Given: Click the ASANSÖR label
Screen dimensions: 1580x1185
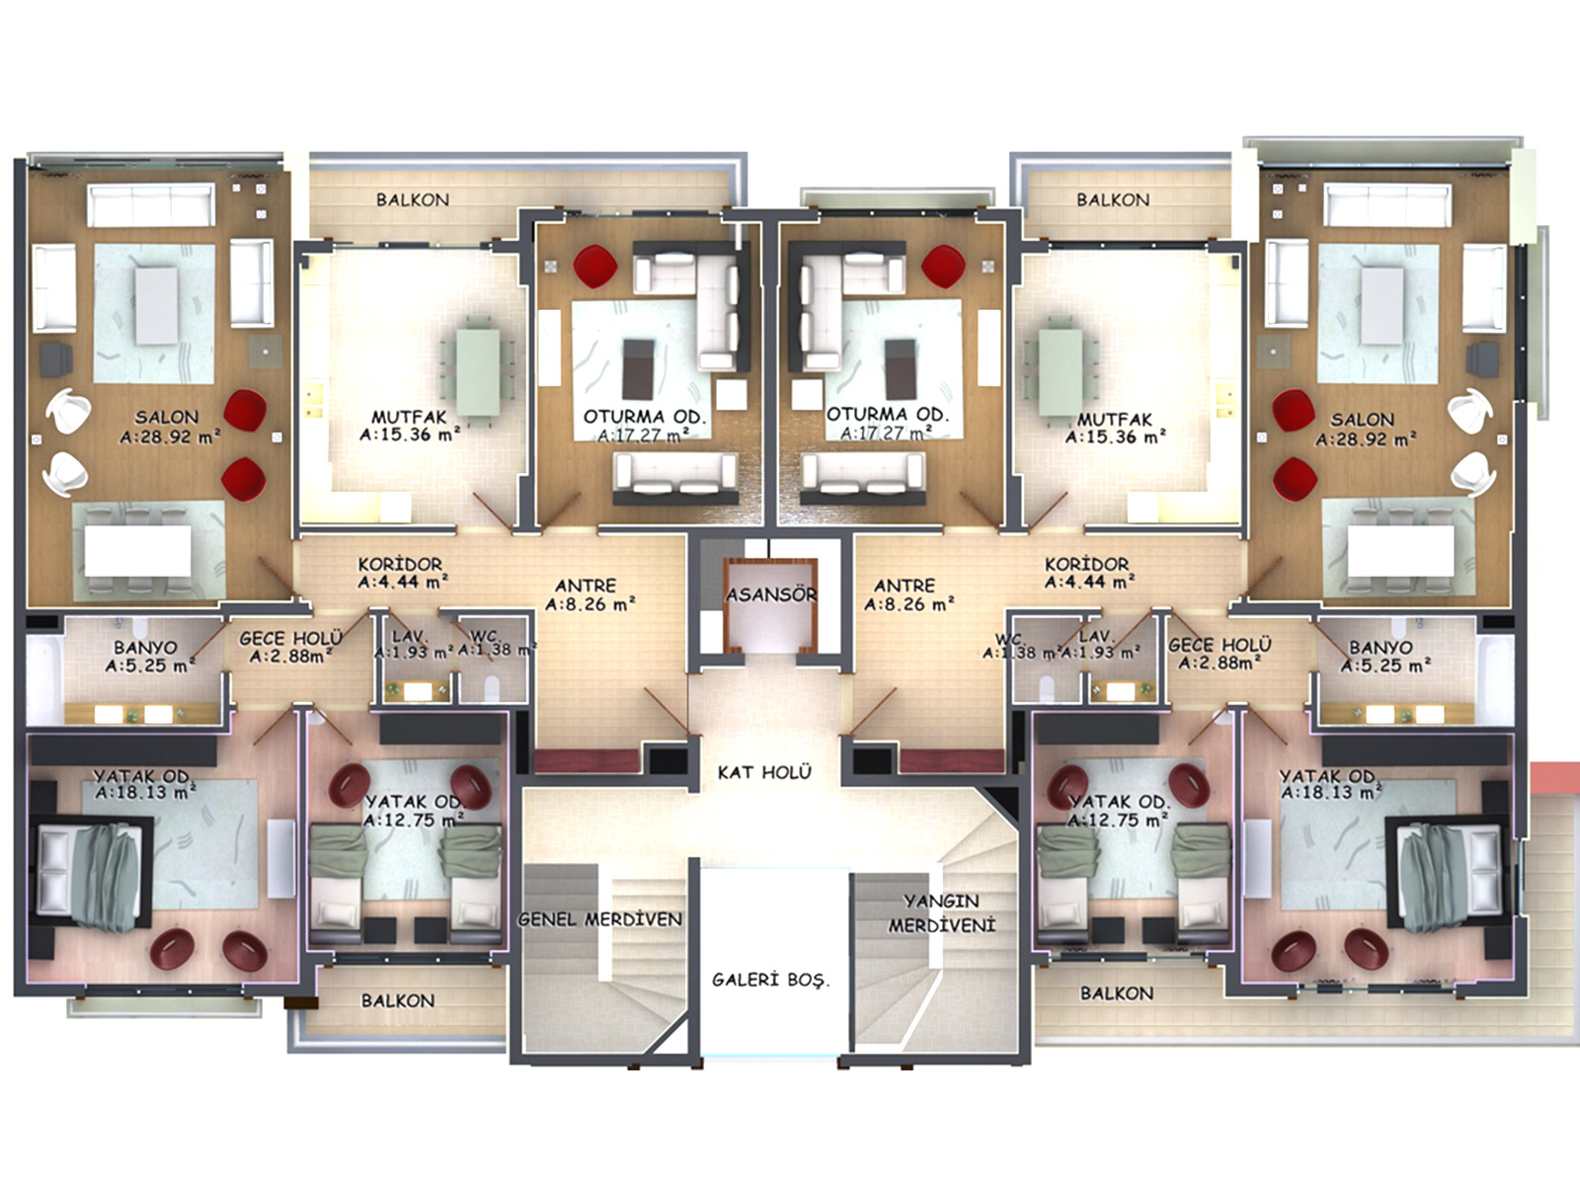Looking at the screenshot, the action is coord(771,595).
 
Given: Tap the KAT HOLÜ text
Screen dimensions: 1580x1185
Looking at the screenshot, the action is coord(764,772).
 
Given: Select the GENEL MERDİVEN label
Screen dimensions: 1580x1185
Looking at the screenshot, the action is coord(600,918).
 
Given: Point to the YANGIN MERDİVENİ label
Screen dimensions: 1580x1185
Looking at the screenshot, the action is coord(941,913).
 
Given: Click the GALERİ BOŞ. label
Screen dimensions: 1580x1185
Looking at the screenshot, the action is coord(771,980).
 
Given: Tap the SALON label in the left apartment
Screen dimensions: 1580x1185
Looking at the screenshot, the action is coord(166,417).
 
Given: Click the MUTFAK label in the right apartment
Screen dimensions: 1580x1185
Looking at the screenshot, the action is coord(1114,419).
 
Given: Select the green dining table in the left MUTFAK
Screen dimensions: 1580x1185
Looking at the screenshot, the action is coord(477,371).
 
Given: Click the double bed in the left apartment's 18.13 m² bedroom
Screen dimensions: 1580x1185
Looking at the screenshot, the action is coord(94,874).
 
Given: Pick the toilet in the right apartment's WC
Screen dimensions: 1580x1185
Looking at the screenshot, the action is coord(1048,689).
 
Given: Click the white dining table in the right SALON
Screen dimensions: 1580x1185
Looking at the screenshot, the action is coord(1400,551).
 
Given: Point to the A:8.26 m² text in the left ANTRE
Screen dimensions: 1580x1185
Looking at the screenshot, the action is coord(591,604).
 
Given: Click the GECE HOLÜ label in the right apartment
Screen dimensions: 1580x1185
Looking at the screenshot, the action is coord(1220,645).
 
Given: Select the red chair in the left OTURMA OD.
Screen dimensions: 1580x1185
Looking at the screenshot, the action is coord(595,267).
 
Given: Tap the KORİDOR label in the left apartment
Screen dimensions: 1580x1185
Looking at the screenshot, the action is coord(400,564).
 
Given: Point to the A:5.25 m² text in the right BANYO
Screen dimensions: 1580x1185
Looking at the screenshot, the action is coord(1385,667).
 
